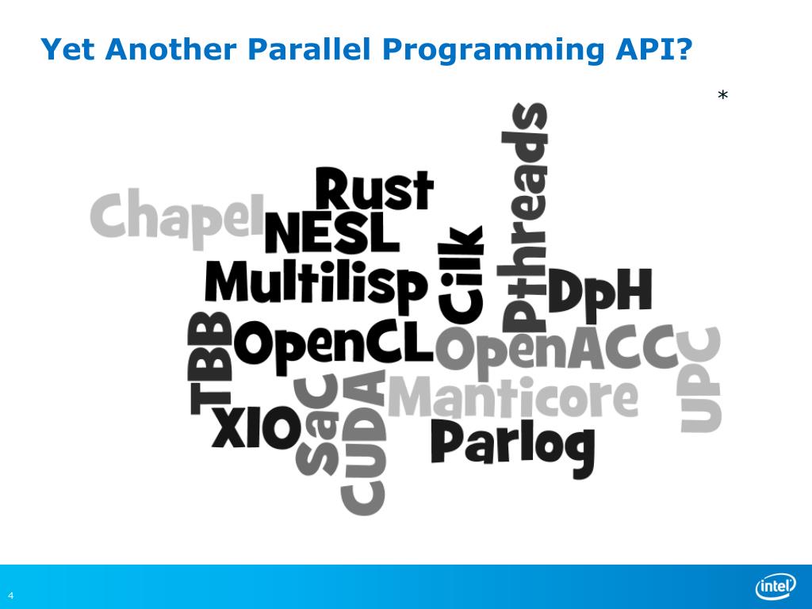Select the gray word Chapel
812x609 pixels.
pos(176,216)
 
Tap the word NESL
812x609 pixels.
pos(331,232)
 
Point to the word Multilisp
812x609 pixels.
pos(316,282)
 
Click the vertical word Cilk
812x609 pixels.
pos(461,274)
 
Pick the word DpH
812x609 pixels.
pos(600,292)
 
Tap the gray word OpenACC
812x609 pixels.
pos(555,350)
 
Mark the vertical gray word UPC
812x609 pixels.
pos(701,380)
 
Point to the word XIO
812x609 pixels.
pos(255,429)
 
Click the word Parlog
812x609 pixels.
pos(512,446)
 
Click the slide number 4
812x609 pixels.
pos(11,595)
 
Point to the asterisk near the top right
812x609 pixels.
pos(722,97)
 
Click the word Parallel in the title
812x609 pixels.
pos(310,50)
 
